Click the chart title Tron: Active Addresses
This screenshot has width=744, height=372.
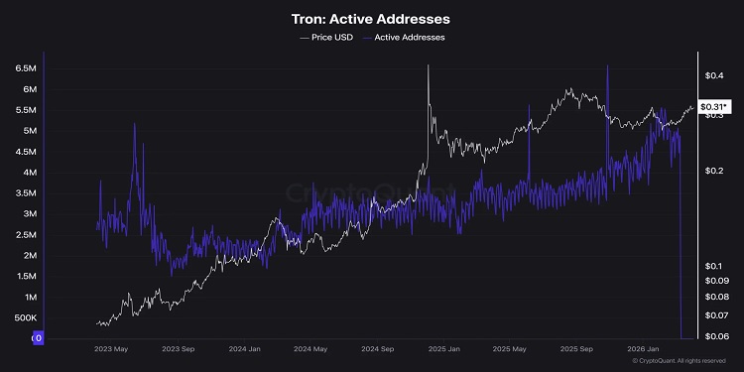(372, 20)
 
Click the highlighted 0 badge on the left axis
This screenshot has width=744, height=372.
(38, 338)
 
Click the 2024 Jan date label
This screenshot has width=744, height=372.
(243, 349)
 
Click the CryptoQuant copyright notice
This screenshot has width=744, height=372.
(686, 361)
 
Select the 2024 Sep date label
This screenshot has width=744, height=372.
(377, 349)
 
